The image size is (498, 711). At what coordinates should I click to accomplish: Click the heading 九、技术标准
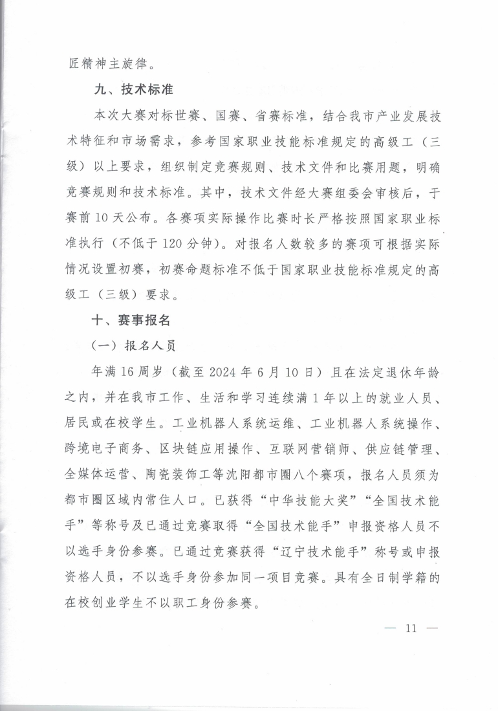click(134, 90)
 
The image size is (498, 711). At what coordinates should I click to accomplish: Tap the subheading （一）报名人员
click(134, 345)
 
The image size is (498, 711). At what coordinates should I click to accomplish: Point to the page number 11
click(411, 628)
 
